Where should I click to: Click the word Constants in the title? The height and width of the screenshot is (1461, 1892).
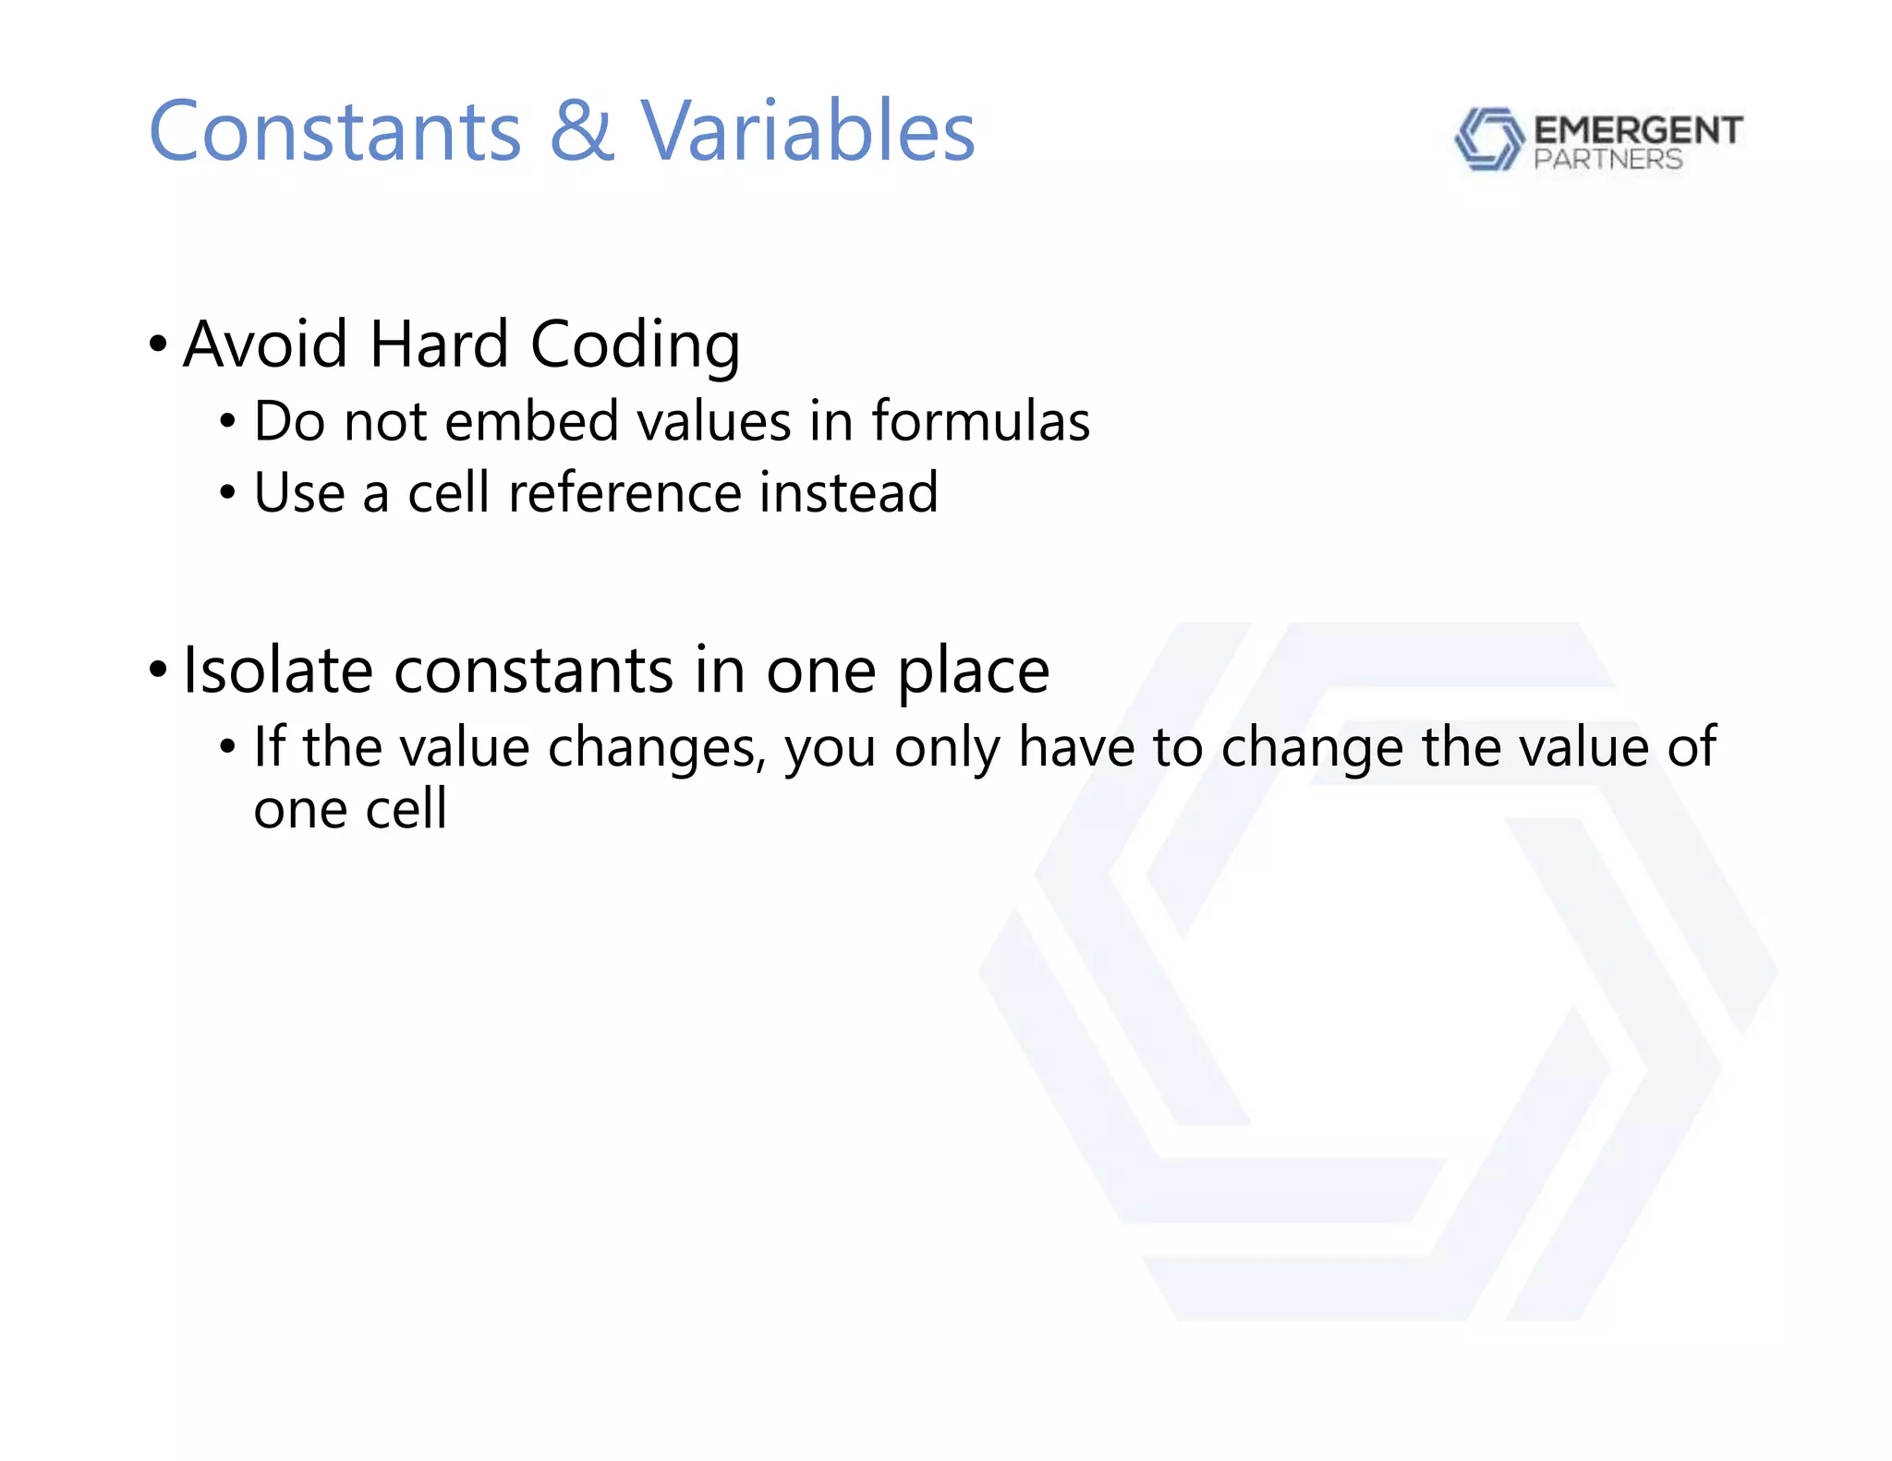[x=335, y=132]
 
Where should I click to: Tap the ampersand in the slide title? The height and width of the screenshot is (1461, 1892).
[x=582, y=132]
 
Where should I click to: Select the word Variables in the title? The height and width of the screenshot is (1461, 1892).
[x=808, y=132]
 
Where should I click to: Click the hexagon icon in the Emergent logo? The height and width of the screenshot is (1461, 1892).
[x=1488, y=139]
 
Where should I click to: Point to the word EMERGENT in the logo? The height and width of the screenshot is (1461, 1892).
[x=1638, y=130]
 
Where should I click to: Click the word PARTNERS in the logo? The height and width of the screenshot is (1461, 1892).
[x=1607, y=160]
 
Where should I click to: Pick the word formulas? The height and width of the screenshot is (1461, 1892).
[x=980, y=422]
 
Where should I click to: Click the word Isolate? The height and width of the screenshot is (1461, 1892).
[x=278, y=670]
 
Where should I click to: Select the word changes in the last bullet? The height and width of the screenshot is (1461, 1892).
[x=657, y=748]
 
